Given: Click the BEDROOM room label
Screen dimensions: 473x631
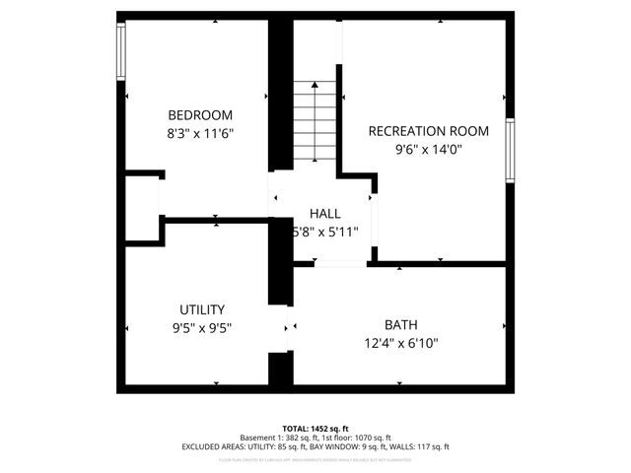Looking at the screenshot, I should (x=200, y=113).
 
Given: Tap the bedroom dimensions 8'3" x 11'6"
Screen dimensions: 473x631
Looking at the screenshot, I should (x=200, y=131).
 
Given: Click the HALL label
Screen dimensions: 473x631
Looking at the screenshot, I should (x=324, y=213).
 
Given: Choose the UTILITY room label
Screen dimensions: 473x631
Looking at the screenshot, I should (x=201, y=308).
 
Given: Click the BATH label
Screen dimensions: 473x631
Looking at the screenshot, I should (x=401, y=324).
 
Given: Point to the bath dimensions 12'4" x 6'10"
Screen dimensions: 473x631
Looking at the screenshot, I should (x=401, y=343).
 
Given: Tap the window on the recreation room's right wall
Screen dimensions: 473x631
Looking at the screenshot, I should (x=510, y=150).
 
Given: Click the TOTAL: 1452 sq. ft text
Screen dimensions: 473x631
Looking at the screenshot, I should (x=315, y=428).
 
